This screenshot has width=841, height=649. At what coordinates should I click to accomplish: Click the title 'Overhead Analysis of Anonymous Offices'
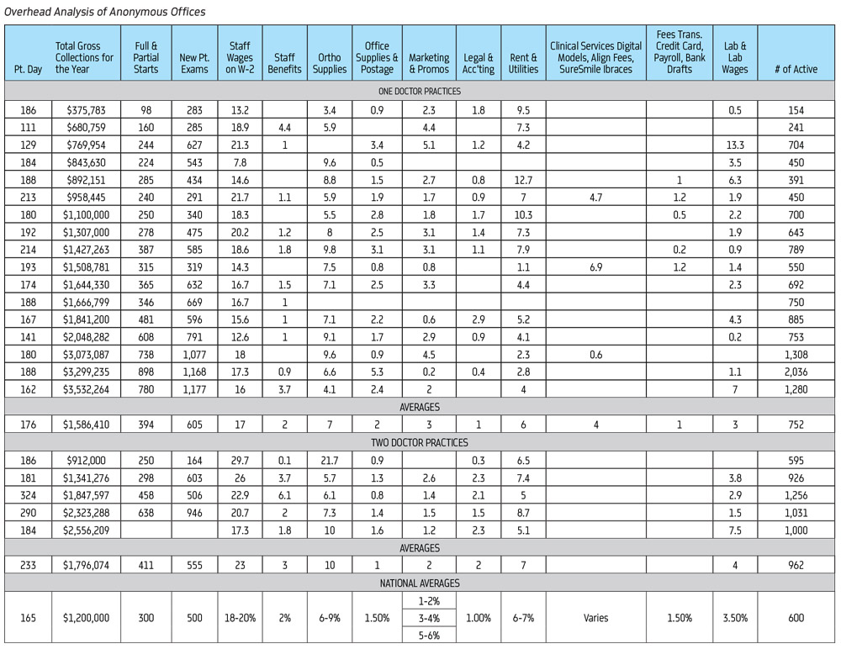(105, 12)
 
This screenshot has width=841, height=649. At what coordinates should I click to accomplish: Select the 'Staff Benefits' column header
(284, 64)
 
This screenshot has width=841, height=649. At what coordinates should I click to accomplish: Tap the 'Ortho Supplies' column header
(329, 64)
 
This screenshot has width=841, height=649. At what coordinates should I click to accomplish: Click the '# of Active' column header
(796, 69)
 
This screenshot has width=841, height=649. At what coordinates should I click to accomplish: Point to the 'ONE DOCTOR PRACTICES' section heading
(420, 91)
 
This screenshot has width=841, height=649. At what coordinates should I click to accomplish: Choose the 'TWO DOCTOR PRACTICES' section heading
(420, 442)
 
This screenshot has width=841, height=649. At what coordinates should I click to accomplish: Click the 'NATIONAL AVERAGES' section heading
(420, 583)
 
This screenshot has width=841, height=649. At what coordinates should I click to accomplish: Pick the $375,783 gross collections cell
(84, 110)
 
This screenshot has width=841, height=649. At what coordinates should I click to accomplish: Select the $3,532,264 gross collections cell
(84, 389)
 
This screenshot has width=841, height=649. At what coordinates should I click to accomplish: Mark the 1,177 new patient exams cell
(194, 389)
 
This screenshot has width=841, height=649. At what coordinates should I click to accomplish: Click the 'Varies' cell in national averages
(595, 618)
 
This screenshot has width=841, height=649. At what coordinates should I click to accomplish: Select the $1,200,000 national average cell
(84, 618)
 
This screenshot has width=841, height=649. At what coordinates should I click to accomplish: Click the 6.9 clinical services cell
(595, 267)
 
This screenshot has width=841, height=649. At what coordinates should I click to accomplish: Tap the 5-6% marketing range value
(429, 635)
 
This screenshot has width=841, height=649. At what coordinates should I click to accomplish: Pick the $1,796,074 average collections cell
(84, 565)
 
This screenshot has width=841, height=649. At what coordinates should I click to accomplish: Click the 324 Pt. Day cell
(27, 495)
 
